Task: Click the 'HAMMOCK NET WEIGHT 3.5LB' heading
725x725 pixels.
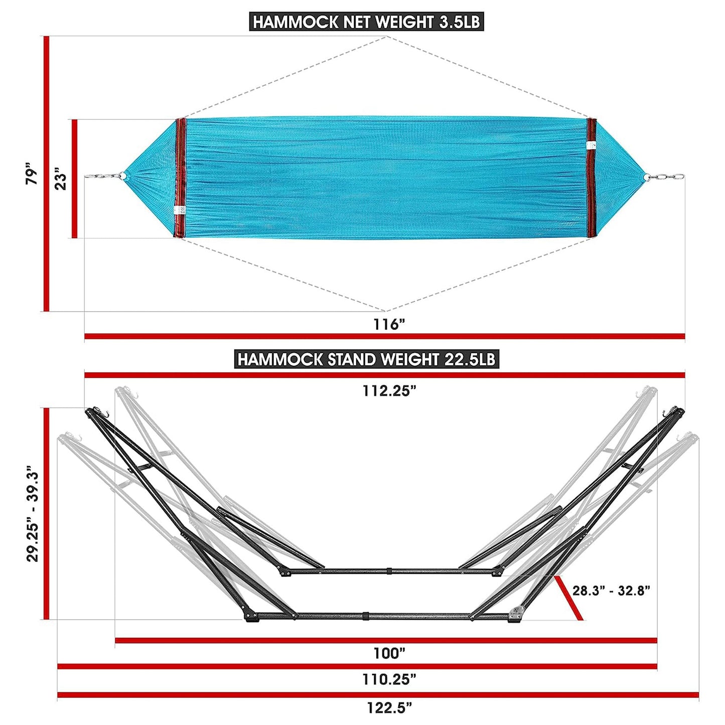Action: coord(366,22)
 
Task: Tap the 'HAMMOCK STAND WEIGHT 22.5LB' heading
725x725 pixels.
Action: coord(366,359)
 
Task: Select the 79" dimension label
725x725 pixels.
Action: coord(32,174)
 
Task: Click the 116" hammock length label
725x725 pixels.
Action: coord(388,324)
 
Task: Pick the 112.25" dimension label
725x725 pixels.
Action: coord(389,391)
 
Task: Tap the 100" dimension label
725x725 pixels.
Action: coord(389,653)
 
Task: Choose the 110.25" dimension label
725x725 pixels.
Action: coord(389,679)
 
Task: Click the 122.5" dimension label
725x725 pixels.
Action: coord(389,707)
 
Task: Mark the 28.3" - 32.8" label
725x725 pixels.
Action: coord(611,591)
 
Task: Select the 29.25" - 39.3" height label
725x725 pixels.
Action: coord(33,513)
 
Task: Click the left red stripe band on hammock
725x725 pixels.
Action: coord(181,178)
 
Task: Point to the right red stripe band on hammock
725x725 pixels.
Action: coord(592,178)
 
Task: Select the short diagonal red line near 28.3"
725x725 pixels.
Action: coord(568,598)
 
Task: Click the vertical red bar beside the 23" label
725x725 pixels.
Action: coord(75,179)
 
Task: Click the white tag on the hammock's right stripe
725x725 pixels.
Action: coord(591,145)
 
